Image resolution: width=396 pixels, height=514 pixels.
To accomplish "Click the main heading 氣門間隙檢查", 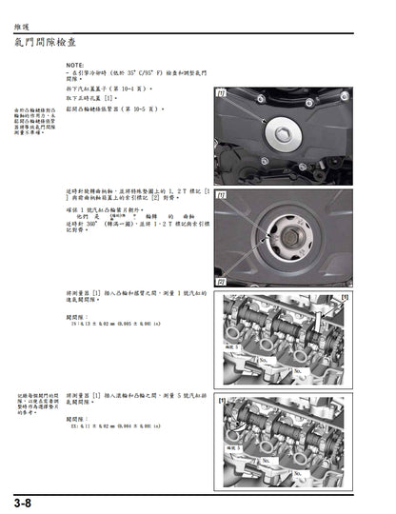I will [59, 42].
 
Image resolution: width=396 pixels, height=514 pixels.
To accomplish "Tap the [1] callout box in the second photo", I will [221, 195].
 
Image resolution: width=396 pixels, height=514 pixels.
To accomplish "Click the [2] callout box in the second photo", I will [221, 282].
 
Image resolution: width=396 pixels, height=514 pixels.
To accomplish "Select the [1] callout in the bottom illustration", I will [221, 402].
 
